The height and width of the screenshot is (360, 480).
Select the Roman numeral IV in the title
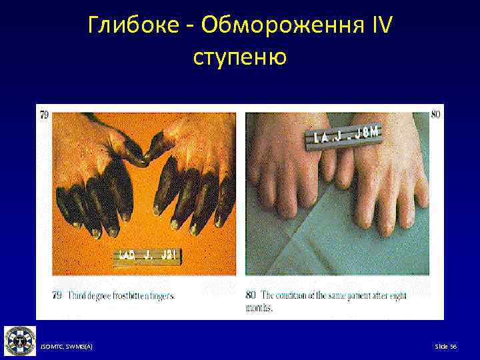[379, 27]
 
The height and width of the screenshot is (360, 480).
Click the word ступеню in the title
[239, 57]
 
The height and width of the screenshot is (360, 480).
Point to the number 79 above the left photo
[44, 115]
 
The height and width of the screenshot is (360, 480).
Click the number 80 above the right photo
[436, 115]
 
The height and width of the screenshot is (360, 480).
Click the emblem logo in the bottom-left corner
[20, 341]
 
